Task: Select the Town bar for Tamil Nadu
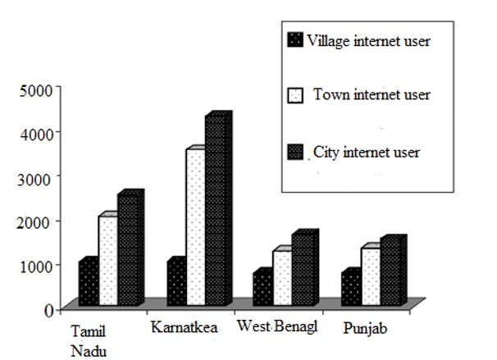coord(107,261)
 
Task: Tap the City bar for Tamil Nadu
coord(129,250)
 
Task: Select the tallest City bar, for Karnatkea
coord(217,212)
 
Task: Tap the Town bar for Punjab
coord(370,277)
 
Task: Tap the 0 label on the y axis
coord(49,310)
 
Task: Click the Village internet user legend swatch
coord(295,39)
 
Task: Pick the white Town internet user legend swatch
coord(296,96)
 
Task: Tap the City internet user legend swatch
coord(296,153)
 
